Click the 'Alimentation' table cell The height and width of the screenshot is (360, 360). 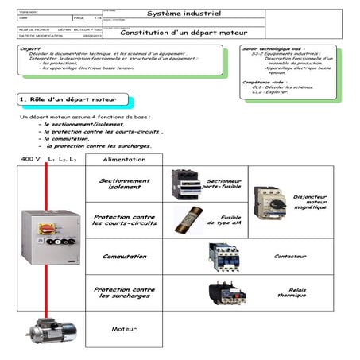click(124, 159)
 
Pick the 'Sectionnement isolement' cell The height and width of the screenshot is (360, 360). click(124, 184)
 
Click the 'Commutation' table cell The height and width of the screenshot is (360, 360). click(124, 256)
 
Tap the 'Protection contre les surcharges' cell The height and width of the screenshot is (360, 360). click(124, 292)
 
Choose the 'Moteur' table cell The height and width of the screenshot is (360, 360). click(124, 328)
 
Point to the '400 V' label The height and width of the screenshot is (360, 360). click(31, 159)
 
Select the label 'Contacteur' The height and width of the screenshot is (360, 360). click(290, 256)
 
